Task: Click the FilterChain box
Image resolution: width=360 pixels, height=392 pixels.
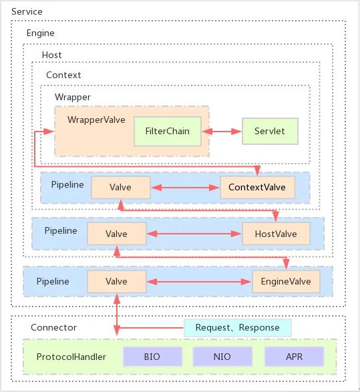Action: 168,132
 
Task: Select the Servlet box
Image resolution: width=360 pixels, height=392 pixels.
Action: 270,132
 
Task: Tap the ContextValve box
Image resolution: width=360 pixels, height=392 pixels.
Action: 257,188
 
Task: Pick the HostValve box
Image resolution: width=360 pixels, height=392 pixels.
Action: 276,234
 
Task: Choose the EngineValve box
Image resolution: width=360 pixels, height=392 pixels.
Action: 286,282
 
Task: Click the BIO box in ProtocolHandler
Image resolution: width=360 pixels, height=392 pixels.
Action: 152,357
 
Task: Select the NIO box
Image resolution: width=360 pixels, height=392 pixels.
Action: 222,357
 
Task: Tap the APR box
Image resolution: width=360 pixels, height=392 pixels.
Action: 295,357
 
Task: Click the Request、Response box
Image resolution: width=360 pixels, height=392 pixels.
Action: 238,327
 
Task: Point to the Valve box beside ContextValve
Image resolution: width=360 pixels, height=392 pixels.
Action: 121,188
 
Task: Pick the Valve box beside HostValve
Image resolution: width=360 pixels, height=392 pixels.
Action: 117,234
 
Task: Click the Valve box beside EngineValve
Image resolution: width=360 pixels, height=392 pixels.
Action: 117,282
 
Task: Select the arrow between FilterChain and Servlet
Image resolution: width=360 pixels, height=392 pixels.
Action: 222,132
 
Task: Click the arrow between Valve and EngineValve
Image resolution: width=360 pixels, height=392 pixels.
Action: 199,282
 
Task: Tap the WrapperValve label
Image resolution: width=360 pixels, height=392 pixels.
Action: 96,120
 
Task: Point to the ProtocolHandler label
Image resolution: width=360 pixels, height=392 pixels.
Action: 71,357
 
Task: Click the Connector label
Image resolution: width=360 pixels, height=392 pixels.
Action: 53,327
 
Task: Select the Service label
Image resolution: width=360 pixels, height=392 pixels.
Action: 27,12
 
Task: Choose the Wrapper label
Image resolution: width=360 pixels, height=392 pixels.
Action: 73,97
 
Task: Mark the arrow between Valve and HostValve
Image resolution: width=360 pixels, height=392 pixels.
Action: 194,234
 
